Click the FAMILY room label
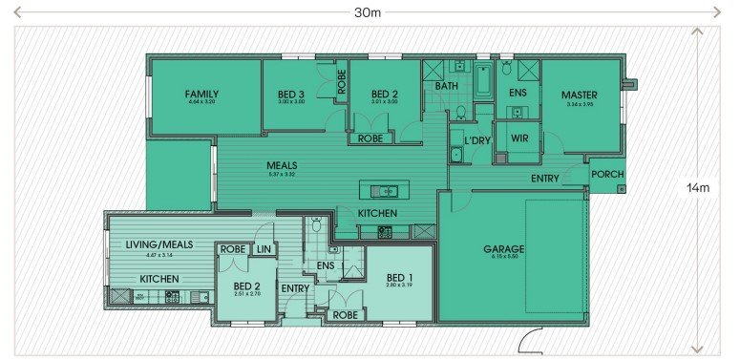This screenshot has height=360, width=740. coord(201,94)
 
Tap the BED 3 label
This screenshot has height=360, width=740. coord(291,94)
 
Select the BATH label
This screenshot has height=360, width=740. coord(446,86)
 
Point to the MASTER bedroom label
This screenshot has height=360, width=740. coord(579,95)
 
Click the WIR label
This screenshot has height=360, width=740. coord(519,138)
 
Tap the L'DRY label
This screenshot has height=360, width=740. coord(476,141)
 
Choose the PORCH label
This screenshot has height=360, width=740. coord(607,175)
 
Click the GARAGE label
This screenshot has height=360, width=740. coord(503,249)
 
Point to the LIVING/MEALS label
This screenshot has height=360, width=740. coord(159,244)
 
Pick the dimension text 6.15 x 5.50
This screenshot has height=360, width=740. coord(503,258)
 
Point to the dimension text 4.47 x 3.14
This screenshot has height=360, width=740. coord(159,254)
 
